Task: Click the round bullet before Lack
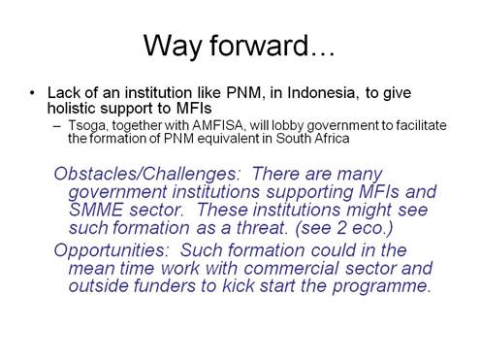pyautogui.click(x=34, y=92)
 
